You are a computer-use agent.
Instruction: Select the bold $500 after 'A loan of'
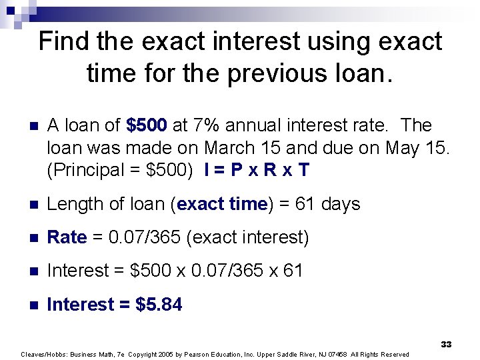coord(147,125)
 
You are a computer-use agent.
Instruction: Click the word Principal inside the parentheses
coord(82,171)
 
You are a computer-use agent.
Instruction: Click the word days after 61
coord(340,205)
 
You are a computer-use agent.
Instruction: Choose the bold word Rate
coord(67,237)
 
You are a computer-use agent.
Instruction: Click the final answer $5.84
coord(159,305)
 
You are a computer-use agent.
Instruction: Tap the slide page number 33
coord(446,344)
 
